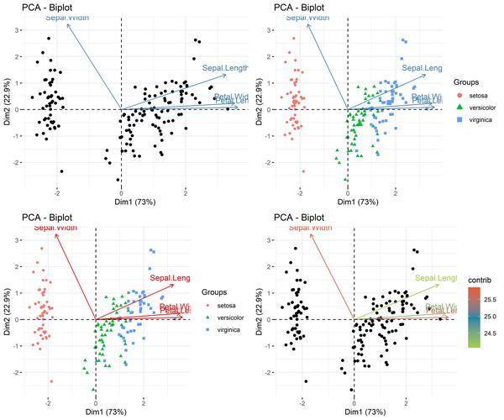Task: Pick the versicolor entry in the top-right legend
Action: coord(484,108)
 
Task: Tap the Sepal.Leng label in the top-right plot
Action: coord(423,67)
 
